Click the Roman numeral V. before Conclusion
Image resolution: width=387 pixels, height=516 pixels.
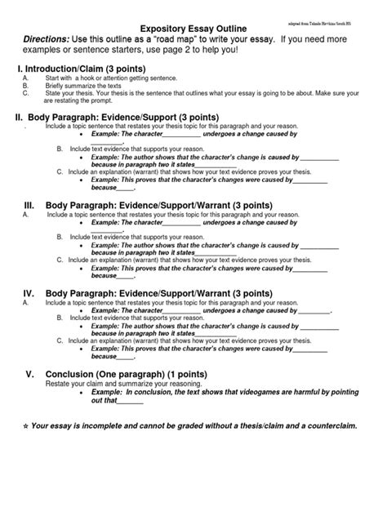tap(28, 373)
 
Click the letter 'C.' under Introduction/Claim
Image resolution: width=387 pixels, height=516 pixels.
tap(27, 93)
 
